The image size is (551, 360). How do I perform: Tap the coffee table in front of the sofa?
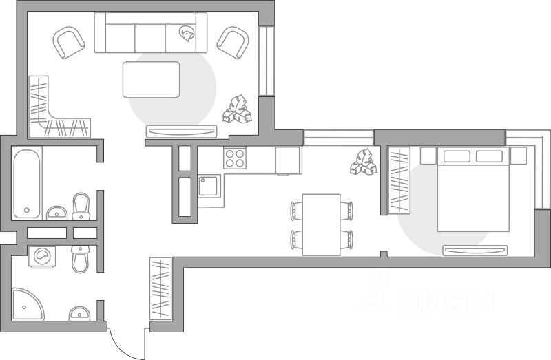click(151, 79)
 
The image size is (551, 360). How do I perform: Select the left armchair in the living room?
click(68, 42)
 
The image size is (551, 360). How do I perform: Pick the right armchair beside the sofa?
click(232, 42)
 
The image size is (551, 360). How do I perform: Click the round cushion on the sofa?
click(186, 32)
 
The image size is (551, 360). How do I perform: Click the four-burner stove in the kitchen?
click(235, 158)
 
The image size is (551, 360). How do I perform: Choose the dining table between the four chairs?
click(322, 224)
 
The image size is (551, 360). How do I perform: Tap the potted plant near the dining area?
click(364, 162)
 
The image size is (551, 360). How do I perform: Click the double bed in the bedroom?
click(473, 189)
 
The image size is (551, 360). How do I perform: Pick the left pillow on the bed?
click(457, 156)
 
